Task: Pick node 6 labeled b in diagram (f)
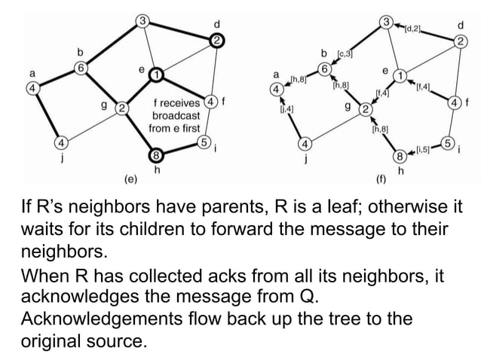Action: click(325, 69)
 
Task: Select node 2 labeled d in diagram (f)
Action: click(458, 41)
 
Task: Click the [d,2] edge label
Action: click(412, 29)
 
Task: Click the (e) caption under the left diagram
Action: click(130, 180)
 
